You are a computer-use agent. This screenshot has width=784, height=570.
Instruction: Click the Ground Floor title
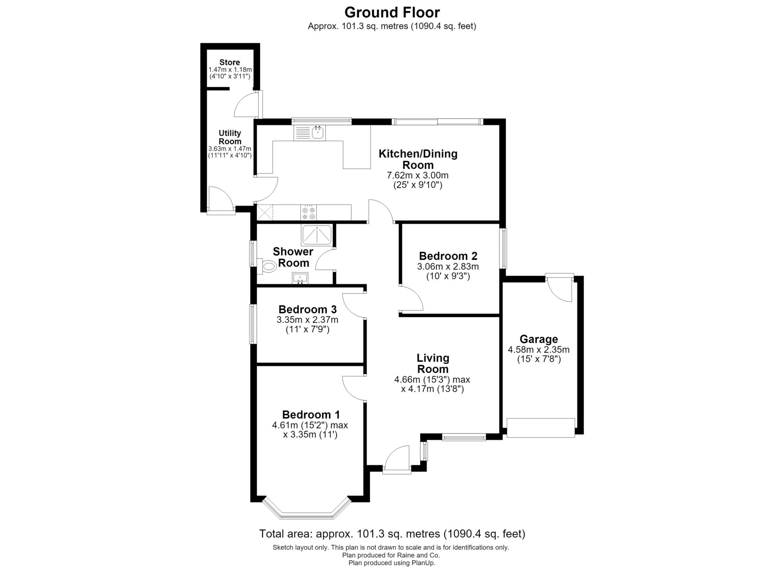pyautogui.click(x=392, y=12)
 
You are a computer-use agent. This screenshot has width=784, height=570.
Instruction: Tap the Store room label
pyautogui.click(x=230, y=62)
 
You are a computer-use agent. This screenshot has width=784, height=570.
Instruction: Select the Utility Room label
pyautogui.click(x=230, y=137)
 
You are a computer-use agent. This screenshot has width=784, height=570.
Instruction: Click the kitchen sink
pyautogui.click(x=309, y=133)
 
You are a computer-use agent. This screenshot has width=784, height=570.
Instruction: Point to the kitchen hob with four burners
pyautogui.click(x=309, y=212)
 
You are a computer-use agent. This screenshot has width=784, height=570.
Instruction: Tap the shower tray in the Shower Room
pyautogui.click(x=317, y=235)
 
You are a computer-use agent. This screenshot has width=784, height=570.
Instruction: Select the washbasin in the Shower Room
pyautogui.click(x=300, y=278)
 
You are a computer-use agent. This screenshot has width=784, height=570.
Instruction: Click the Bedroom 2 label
pyautogui.click(x=448, y=256)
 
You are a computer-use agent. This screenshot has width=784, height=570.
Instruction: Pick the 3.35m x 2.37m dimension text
pyautogui.click(x=307, y=320)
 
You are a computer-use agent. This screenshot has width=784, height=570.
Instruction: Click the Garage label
pyautogui.click(x=539, y=339)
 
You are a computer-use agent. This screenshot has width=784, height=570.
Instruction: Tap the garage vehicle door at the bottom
pyautogui.click(x=541, y=428)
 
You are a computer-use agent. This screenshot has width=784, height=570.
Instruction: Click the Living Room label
pyautogui.click(x=433, y=363)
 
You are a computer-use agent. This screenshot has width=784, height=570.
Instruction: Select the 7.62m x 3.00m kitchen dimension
pyautogui.click(x=418, y=175)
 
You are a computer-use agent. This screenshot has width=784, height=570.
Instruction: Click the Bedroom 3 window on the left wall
pyautogui.click(x=253, y=324)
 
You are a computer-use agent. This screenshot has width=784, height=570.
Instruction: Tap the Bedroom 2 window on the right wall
pyautogui.click(x=504, y=248)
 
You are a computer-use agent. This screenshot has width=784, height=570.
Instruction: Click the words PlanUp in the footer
pyautogui.click(x=423, y=563)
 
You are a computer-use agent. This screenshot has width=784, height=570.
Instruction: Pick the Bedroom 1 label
pyautogui.click(x=311, y=415)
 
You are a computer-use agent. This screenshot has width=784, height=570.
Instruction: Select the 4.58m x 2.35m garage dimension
pyautogui.click(x=539, y=350)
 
